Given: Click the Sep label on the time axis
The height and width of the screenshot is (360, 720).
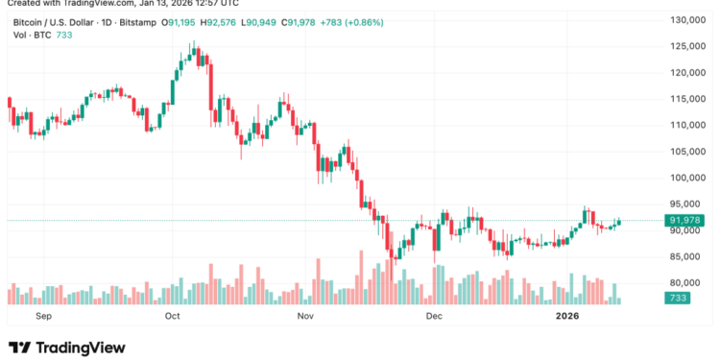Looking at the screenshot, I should tap(41, 314).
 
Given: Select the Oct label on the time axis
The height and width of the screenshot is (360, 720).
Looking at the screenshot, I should tap(173, 314).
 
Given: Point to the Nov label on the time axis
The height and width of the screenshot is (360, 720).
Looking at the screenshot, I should tap(306, 314).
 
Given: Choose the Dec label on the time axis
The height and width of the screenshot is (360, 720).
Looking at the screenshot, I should tap(433, 314).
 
